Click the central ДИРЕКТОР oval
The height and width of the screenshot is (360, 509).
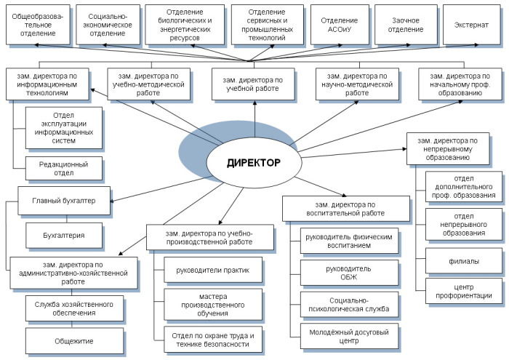(x=253, y=162)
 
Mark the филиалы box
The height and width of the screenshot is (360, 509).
(x=464, y=260)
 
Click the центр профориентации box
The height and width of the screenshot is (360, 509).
(x=464, y=290)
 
